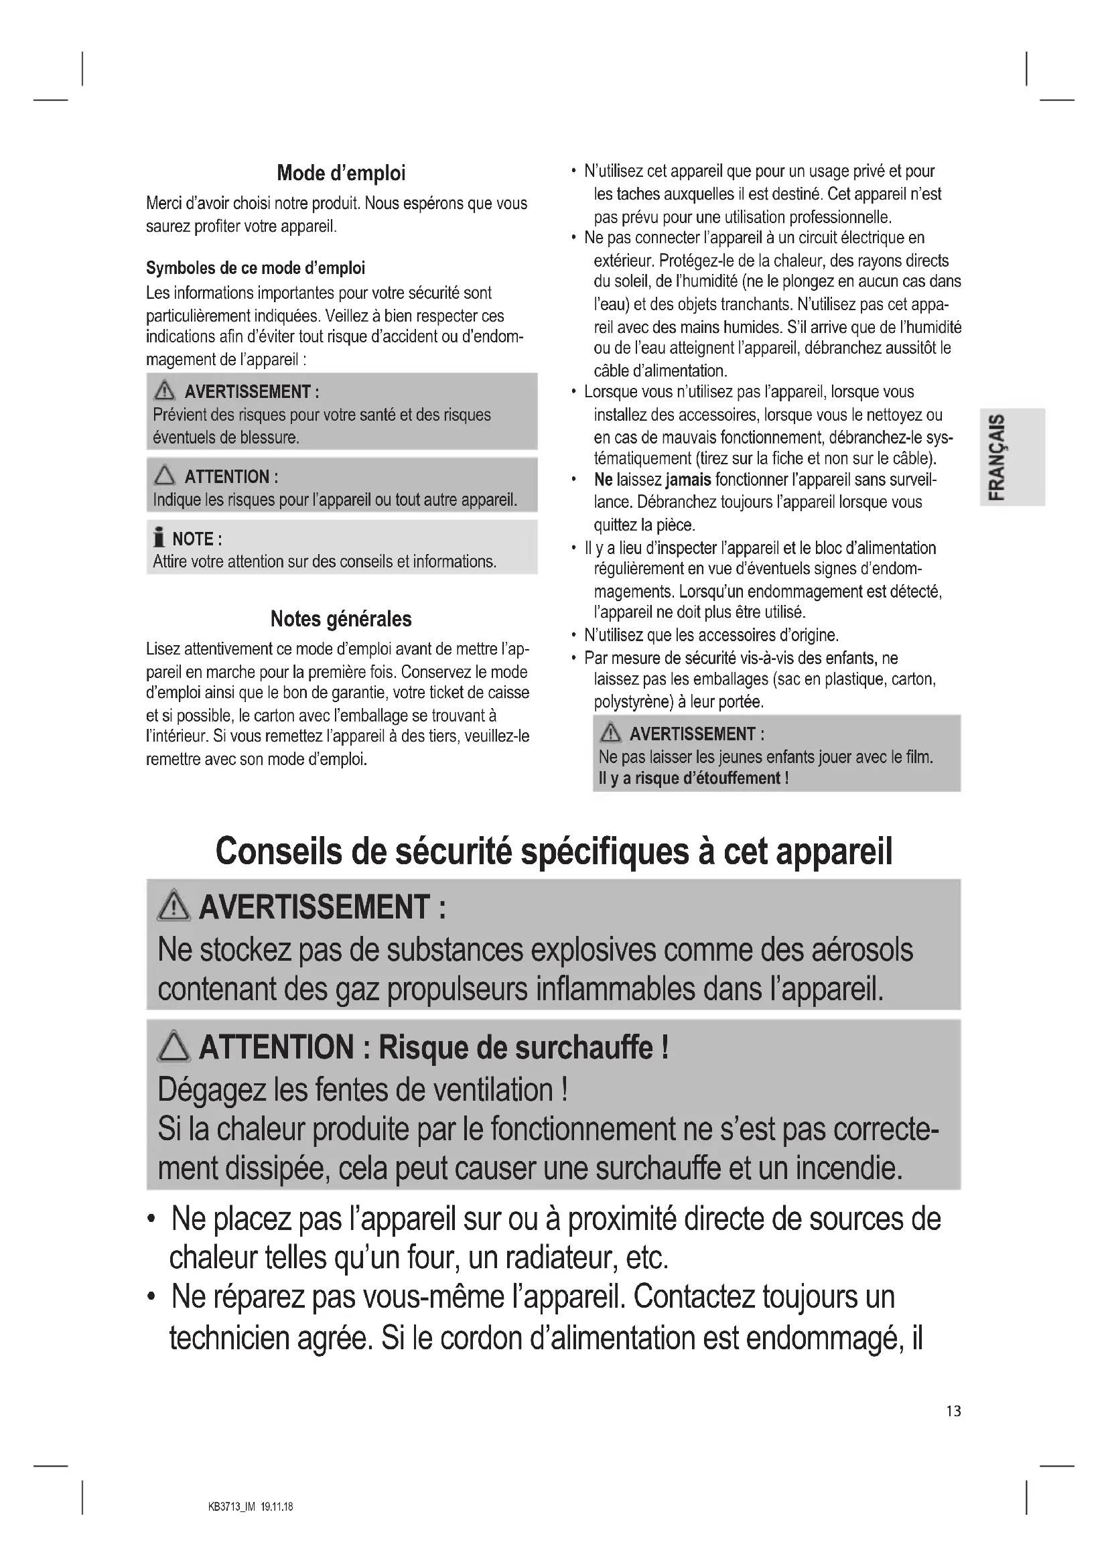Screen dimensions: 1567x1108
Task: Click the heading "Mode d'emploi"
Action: pyautogui.click(x=341, y=174)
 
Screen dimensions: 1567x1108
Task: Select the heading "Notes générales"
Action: pyautogui.click(x=341, y=619)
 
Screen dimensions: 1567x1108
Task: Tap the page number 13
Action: pyautogui.click(x=953, y=1411)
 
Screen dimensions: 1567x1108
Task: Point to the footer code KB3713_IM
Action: pyautogui.click(x=231, y=1506)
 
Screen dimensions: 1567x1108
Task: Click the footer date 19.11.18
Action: pyautogui.click(x=277, y=1506)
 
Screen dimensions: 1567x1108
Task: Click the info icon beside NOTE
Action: pyautogui.click(x=159, y=539)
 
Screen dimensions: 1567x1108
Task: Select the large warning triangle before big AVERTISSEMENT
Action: pyautogui.click(x=174, y=906)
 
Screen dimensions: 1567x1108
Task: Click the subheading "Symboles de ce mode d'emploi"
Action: pyautogui.click(x=255, y=268)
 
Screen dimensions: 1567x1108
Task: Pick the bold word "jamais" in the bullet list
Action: pyautogui.click(x=689, y=480)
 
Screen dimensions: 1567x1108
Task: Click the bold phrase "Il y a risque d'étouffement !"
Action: pyautogui.click(x=693, y=778)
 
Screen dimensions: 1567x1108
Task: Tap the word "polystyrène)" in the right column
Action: pyautogui.click(x=634, y=701)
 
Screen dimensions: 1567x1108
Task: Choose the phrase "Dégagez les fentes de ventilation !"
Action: pyautogui.click(x=362, y=1089)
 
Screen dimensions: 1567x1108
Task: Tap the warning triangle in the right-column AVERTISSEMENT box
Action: pyautogui.click(x=610, y=734)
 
